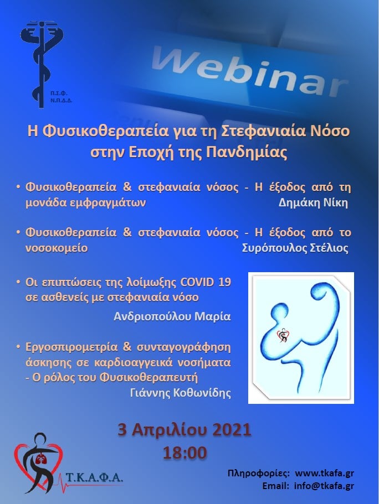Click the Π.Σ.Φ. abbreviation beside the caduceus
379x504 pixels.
(x=59, y=94)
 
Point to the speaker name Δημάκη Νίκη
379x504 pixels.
(x=313, y=203)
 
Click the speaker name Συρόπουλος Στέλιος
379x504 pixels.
(x=295, y=248)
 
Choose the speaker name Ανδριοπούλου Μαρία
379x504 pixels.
(x=172, y=316)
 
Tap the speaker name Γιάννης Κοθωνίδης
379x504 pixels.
(x=181, y=392)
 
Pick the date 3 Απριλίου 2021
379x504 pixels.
(x=185, y=430)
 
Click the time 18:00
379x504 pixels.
(x=185, y=453)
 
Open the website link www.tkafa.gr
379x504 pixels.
(x=324, y=473)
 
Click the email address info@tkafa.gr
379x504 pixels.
(x=324, y=486)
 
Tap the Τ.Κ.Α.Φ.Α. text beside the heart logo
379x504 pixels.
(x=94, y=477)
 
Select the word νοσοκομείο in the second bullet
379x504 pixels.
(x=57, y=248)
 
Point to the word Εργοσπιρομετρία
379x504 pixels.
(x=71, y=347)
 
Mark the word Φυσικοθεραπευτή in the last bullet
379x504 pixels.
(x=148, y=377)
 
